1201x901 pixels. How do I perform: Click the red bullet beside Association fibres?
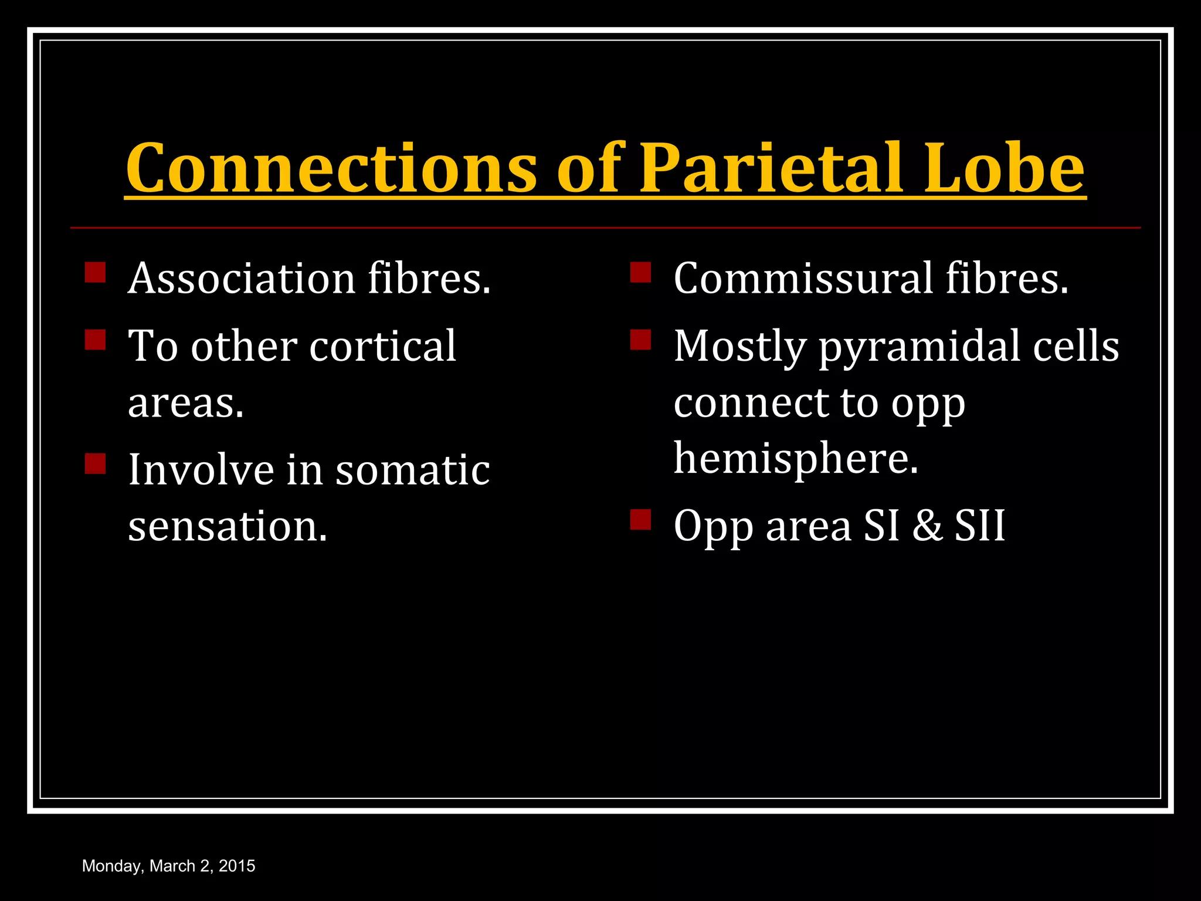tap(95, 273)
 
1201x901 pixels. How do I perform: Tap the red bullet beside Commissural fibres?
tap(640, 273)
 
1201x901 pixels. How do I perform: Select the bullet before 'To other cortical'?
tap(95, 340)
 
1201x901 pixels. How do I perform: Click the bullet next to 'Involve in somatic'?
tap(95, 463)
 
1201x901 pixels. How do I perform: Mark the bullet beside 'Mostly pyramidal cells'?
tap(640, 340)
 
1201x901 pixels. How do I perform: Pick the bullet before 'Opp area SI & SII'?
tap(640, 520)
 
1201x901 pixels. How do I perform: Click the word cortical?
tap(382, 346)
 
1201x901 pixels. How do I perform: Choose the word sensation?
tap(227, 526)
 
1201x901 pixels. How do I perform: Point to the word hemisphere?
tap(795, 459)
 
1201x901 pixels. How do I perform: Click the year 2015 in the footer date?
tap(237, 866)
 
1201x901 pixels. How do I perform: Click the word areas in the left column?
tap(185, 404)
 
